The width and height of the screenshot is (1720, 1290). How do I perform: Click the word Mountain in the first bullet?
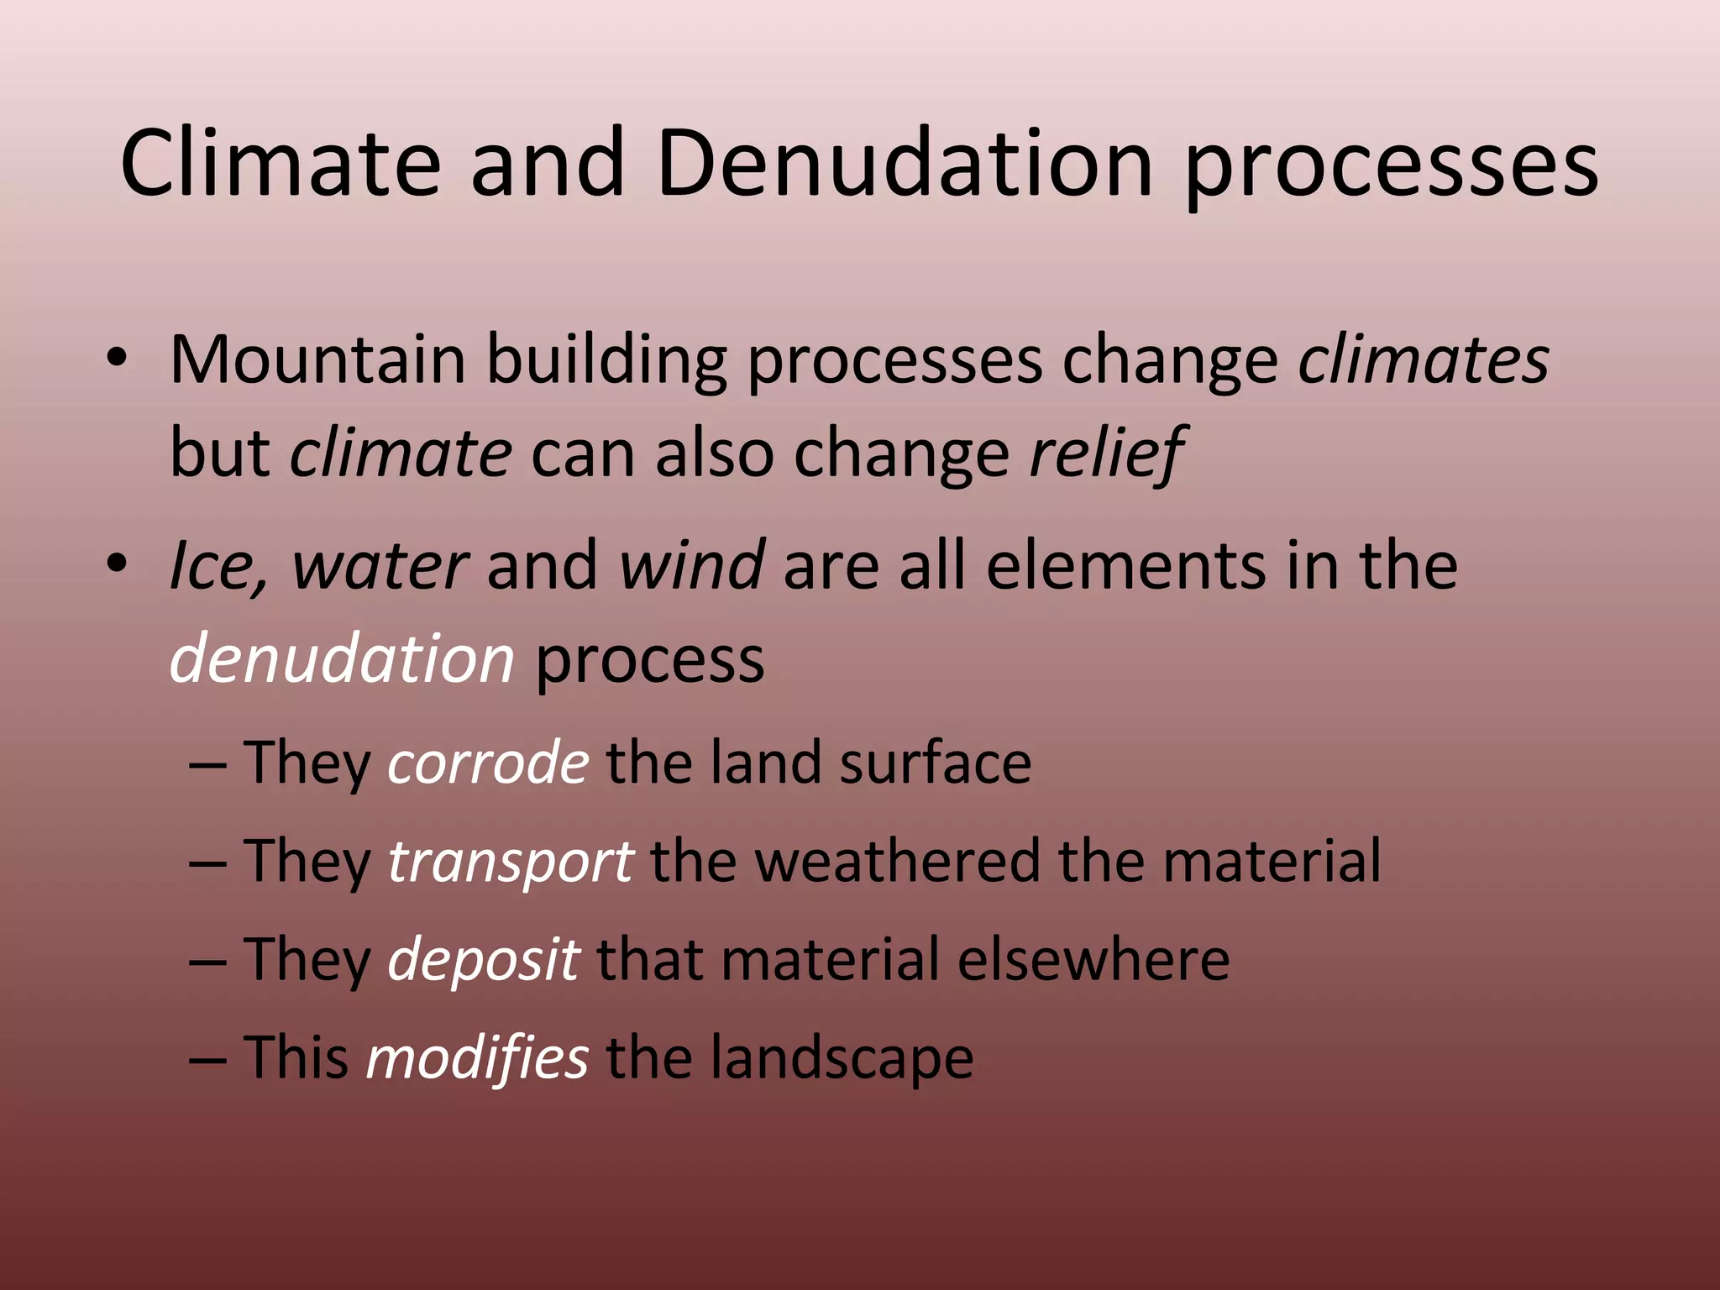point(317,360)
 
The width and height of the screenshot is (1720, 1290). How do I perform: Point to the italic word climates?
point(1423,360)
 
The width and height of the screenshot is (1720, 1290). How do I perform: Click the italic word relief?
point(1107,454)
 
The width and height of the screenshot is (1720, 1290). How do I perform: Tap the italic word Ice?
point(214,566)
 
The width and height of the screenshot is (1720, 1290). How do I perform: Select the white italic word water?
point(380,566)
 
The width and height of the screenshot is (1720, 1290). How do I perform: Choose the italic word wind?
point(691,566)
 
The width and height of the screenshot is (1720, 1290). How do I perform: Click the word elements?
point(1125,566)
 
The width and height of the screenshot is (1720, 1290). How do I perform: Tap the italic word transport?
point(510,862)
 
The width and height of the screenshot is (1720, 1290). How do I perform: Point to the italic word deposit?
point(483,960)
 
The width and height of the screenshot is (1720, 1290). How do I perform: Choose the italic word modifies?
point(477,1058)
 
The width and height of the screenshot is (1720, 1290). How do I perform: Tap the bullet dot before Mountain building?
point(117,360)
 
